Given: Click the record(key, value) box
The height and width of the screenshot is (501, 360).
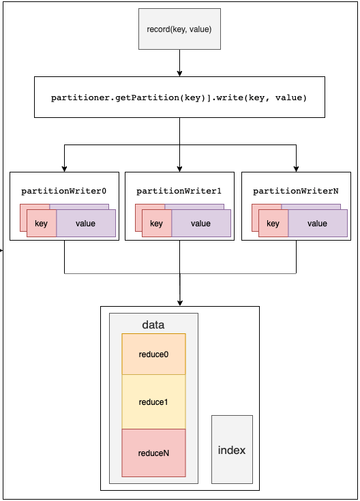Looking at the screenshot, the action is (x=179, y=29).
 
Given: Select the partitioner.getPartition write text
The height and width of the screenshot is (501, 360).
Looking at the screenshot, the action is (x=179, y=97).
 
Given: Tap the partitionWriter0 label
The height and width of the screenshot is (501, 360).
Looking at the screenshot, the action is (x=63, y=191).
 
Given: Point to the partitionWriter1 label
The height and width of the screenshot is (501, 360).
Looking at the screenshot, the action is (x=179, y=191).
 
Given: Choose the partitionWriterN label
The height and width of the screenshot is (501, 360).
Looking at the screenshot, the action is (x=296, y=191).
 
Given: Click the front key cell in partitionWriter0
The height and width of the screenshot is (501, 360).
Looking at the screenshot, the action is (x=42, y=224).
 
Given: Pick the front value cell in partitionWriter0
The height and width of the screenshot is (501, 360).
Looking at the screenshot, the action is (x=86, y=224).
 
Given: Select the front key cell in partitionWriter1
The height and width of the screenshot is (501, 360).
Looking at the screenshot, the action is (x=157, y=224).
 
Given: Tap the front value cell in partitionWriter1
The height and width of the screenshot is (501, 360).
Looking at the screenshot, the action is (x=201, y=224).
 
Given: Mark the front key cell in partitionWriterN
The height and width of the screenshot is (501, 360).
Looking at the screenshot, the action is (x=273, y=224).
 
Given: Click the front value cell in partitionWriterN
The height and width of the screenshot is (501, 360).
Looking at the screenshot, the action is (x=318, y=224).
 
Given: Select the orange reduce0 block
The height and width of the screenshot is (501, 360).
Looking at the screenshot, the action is (x=153, y=354).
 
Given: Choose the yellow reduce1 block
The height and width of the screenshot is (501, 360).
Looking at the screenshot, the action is (x=153, y=401).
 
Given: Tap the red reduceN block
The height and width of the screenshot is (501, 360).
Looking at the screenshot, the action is (x=153, y=453).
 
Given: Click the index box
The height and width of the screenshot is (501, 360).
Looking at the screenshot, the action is (x=232, y=450).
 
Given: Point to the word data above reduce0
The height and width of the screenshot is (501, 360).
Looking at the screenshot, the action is (x=153, y=324).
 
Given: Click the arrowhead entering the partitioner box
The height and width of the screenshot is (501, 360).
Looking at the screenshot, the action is (x=180, y=74).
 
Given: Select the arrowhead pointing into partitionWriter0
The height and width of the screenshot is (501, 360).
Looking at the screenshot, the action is (x=64, y=169).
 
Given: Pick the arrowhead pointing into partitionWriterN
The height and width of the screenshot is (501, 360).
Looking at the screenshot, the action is (x=296, y=169).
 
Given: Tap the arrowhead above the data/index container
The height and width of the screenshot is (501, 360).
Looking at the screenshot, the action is (x=180, y=303).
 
